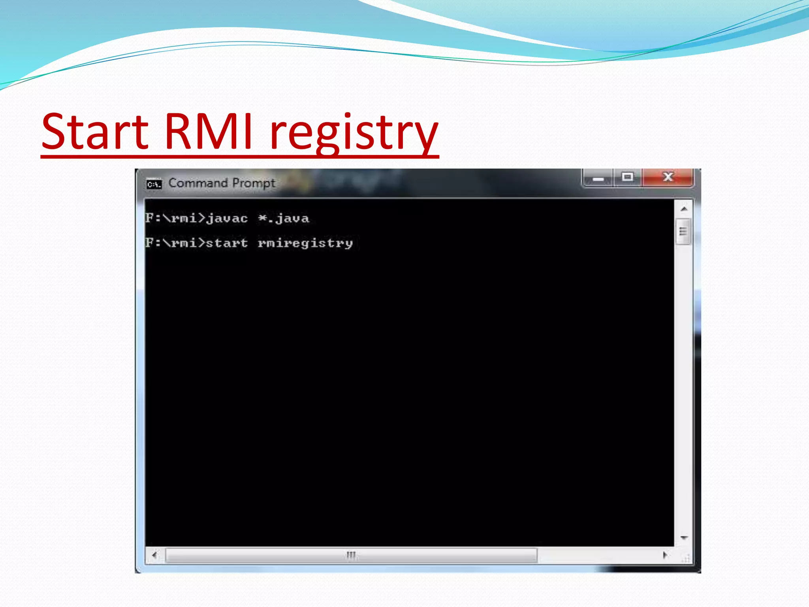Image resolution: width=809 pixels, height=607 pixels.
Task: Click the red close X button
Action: click(x=668, y=177)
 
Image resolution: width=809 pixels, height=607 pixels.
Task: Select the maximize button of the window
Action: click(x=627, y=177)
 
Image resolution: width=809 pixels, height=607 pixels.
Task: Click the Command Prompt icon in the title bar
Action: click(x=154, y=184)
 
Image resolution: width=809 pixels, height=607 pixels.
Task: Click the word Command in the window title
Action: click(x=198, y=183)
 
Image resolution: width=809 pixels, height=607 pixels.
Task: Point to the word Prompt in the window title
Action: click(x=254, y=183)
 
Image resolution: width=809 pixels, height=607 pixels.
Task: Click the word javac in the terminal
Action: click(x=227, y=219)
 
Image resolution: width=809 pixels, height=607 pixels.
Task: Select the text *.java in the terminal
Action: click(x=283, y=219)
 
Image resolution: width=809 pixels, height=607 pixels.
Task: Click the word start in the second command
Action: click(x=227, y=243)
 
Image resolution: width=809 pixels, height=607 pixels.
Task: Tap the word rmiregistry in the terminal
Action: click(x=305, y=243)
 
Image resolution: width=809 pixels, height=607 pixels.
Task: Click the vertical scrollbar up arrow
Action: click(x=684, y=209)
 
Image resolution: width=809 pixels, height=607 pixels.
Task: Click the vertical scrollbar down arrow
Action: click(x=684, y=538)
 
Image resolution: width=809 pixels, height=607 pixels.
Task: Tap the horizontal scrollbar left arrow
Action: click(x=154, y=555)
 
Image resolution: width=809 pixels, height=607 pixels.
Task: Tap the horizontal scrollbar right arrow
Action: click(x=665, y=555)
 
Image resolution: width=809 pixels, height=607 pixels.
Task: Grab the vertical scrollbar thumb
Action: click(x=683, y=232)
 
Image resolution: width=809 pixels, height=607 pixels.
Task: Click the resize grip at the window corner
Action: click(x=686, y=558)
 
